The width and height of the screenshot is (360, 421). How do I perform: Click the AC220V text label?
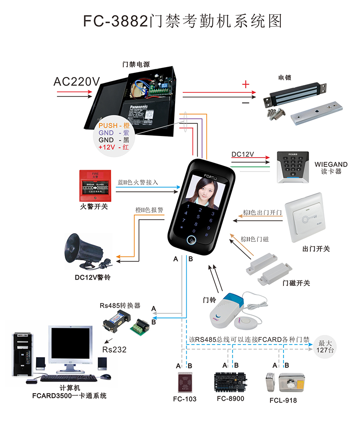point(76,81)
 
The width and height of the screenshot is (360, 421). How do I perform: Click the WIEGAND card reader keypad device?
point(292,167)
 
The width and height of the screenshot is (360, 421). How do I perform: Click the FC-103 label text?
point(184,399)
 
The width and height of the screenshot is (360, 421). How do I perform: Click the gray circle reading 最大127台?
point(325,345)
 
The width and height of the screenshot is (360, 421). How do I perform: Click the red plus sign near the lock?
point(246,84)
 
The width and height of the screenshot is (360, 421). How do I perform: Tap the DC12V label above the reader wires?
point(243,154)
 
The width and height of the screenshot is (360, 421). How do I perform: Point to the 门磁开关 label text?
point(296,283)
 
